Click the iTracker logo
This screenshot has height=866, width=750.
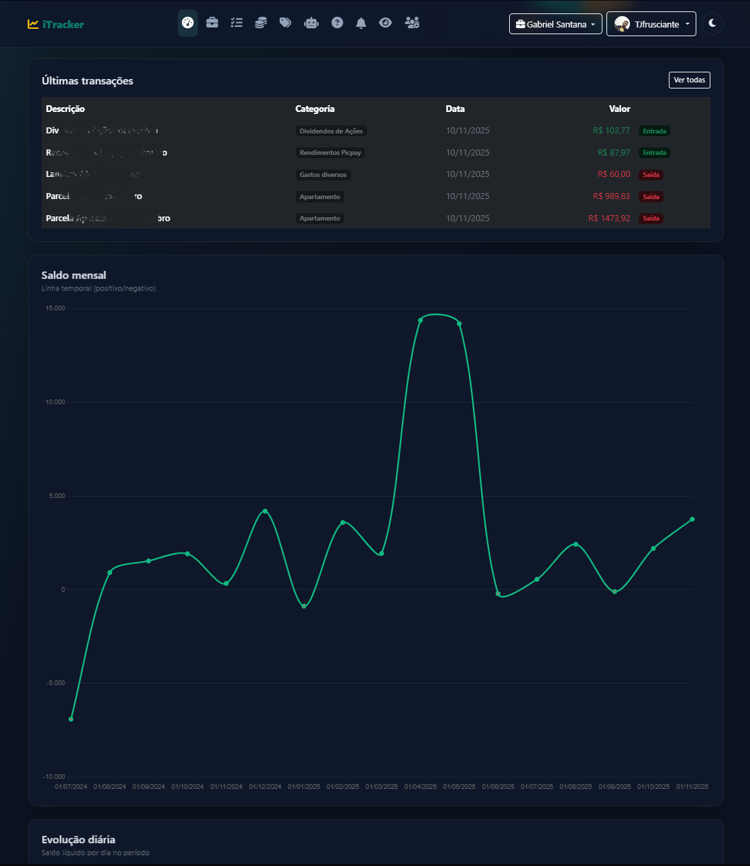point(56,24)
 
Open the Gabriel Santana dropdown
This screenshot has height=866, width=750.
point(555,24)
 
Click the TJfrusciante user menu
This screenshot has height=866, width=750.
point(651,24)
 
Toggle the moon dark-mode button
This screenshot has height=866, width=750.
point(712,23)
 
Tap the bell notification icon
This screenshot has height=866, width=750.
point(361,23)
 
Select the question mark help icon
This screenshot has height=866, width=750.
point(337,23)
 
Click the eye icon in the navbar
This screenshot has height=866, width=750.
point(385,23)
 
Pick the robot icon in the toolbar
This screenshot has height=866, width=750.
point(311,23)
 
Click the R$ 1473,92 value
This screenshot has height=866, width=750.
point(609,219)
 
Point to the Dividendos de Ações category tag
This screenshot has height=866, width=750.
point(331,131)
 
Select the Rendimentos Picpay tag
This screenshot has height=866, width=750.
point(330,153)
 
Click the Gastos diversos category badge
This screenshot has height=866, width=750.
point(323,175)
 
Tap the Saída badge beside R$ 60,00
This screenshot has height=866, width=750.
point(651,175)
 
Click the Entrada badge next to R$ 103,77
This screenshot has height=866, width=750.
point(654,131)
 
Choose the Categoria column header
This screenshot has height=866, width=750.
point(315,109)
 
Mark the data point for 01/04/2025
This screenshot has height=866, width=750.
point(421,320)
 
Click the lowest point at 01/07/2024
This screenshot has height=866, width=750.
point(71,719)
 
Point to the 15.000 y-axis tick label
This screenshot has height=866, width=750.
point(55,308)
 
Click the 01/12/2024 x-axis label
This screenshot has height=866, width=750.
point(265,787)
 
